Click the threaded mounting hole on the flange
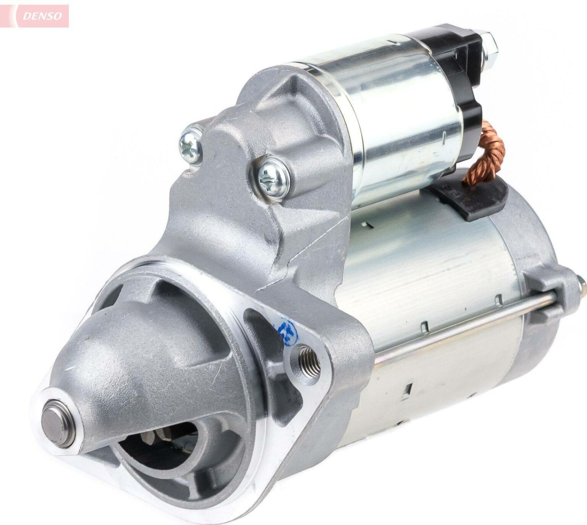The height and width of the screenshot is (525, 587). pos(308,360)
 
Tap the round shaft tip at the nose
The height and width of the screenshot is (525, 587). pos(58,423)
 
